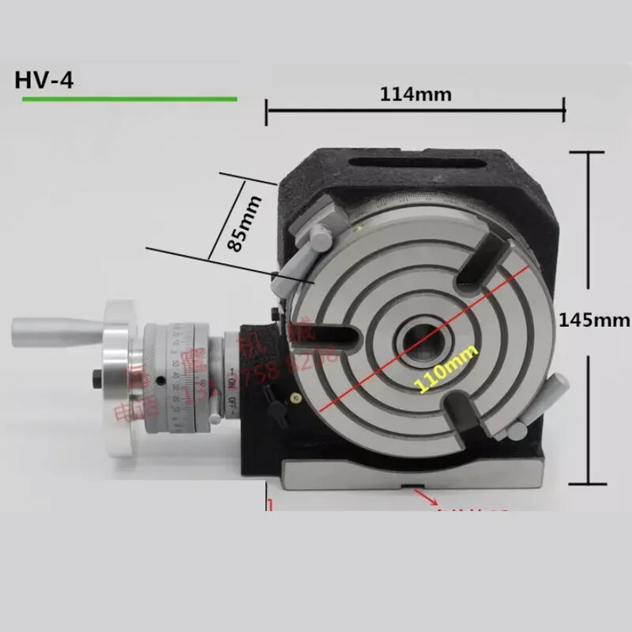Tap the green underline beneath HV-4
pyautogui.click(x=130, y=99)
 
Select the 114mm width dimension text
pyautogui.click(x=416, y=94)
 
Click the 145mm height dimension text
pyautogui.click(x=594, y=320)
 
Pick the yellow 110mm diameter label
pyautogui.click(x=432, y=370)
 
